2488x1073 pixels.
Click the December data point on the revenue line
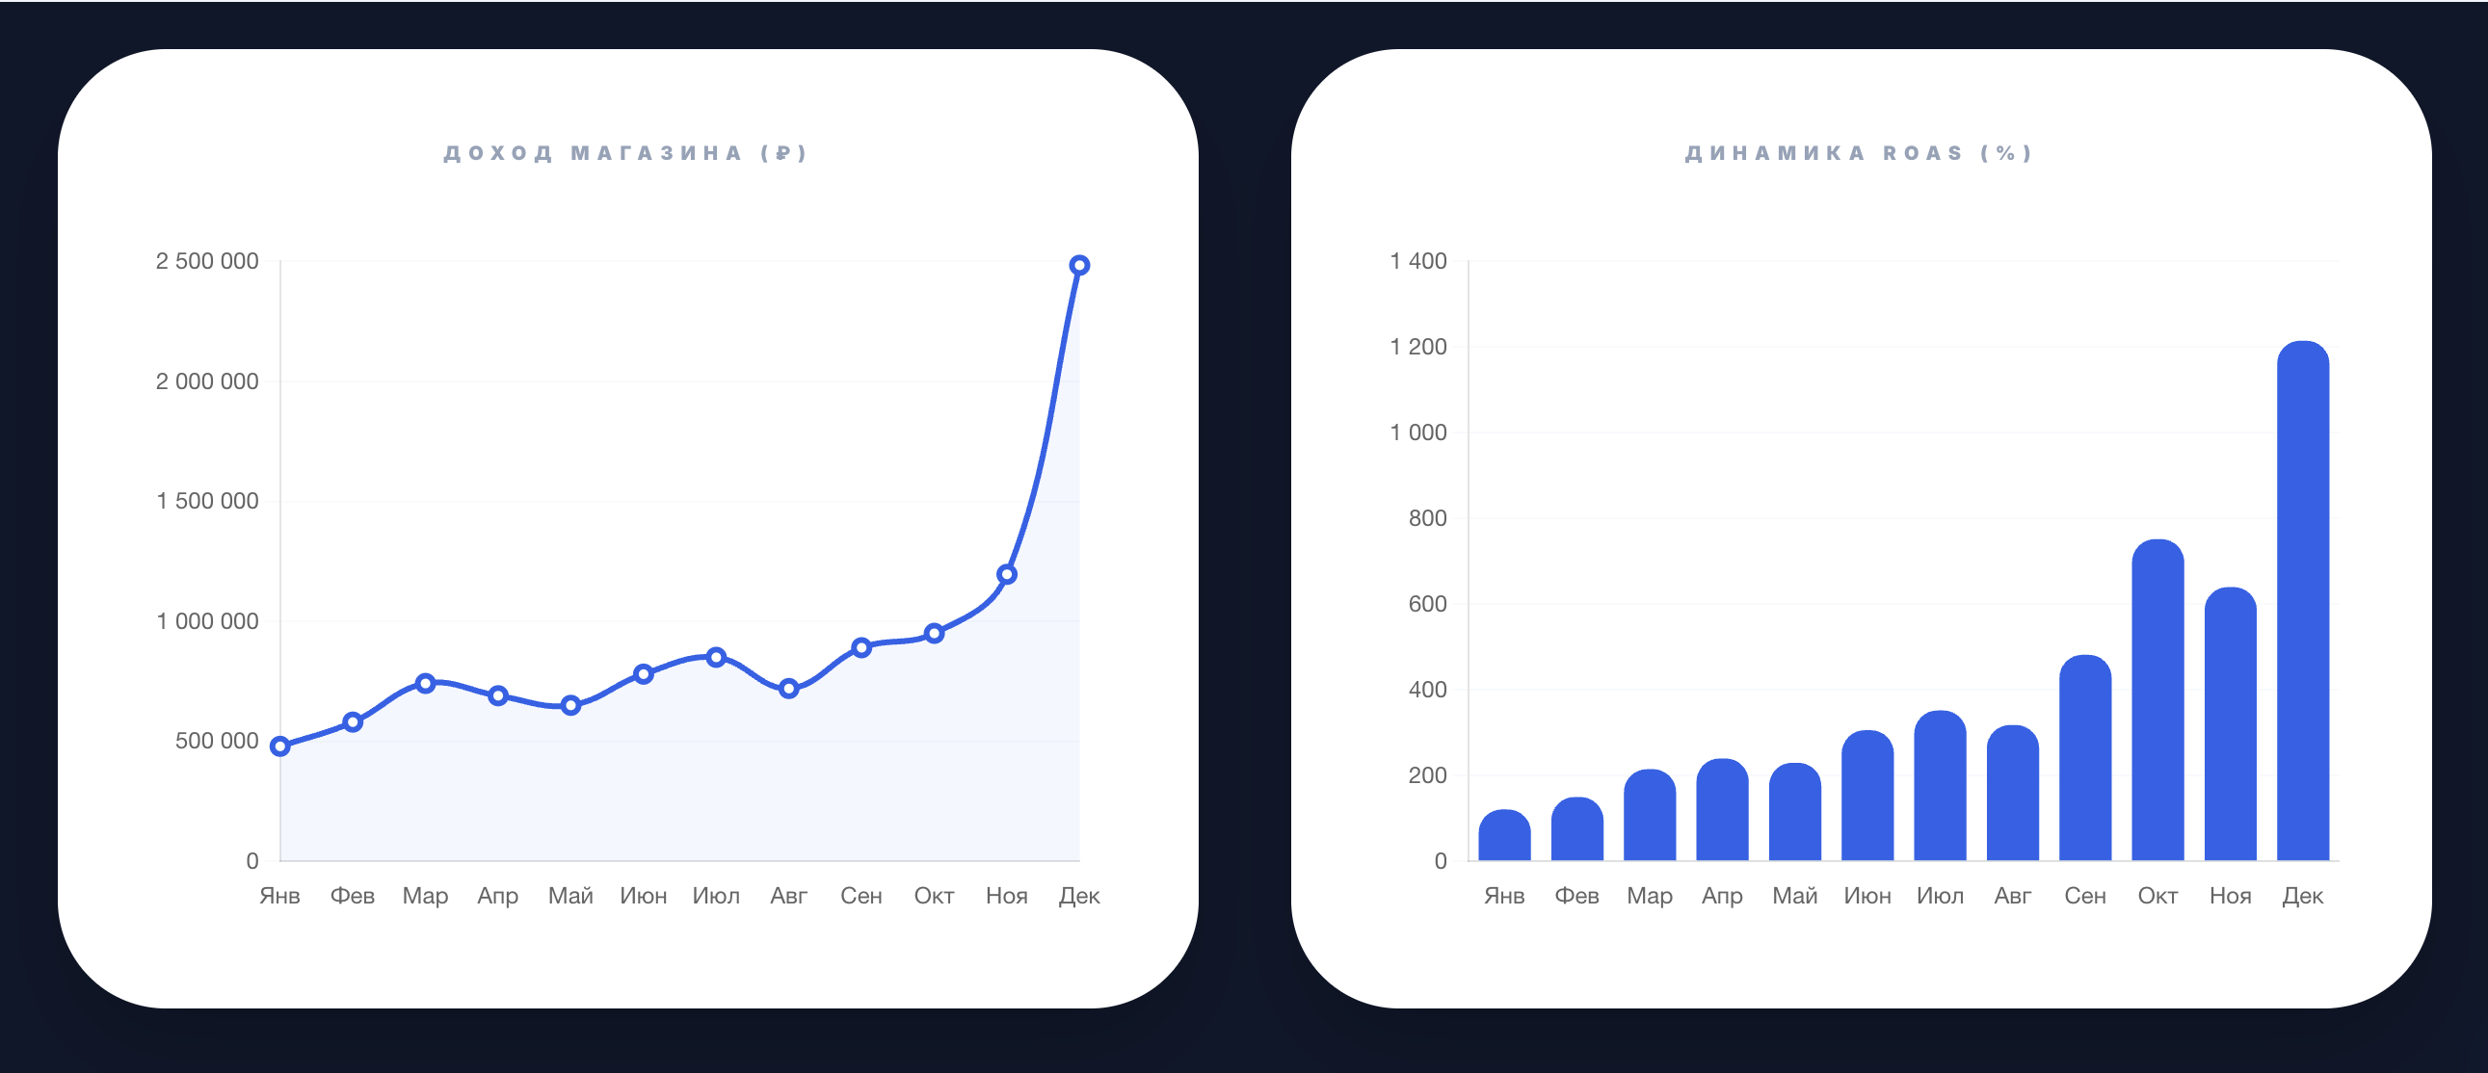coord(1079,266)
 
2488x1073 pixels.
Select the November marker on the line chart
coord(1006,575)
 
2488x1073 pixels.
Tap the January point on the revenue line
coord(280,746)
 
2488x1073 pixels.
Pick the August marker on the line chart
coord(789,689)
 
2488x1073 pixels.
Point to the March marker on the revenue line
coord(425,683)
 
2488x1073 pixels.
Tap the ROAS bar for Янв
coord(1504,836)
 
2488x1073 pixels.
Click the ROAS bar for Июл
coord(1940,787)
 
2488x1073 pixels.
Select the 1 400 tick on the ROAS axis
coord(1417,261)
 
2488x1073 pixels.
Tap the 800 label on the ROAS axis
coord(1427,517)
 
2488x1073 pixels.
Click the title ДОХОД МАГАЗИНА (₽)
coord(626,153)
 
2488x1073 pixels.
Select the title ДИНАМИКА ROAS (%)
coord(1859,153)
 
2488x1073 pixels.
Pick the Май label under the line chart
coord(570,897)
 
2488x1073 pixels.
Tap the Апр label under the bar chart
coord(1722,897)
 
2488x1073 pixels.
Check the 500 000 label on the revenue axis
coord(217,741)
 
